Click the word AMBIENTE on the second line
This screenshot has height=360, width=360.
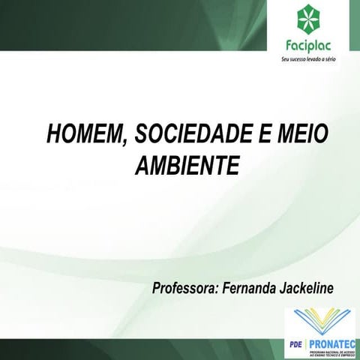187,164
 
